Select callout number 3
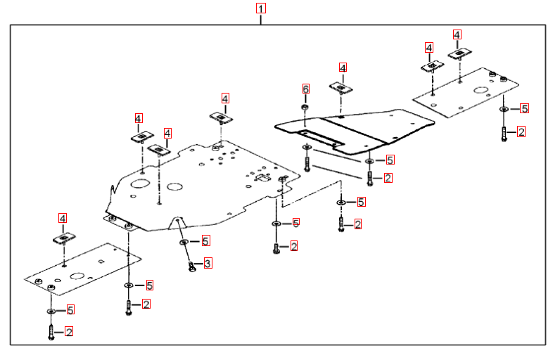(208, 264)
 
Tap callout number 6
(305, 89)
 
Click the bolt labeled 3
(191, 266)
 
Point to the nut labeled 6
(305, 108)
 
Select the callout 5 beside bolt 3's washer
(205, 240)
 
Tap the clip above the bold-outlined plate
(341, 87)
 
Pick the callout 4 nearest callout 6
(343, 67)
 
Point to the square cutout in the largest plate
(265, 179)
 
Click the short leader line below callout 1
(261, 19)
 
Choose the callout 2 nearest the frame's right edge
(521, 131)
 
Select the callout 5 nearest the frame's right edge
(524, 108)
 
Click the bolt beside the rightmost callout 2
(504, 133)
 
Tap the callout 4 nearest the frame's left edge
(62, 219)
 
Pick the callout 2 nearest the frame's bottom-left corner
(69, 331)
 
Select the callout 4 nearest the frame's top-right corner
(457, 34)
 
